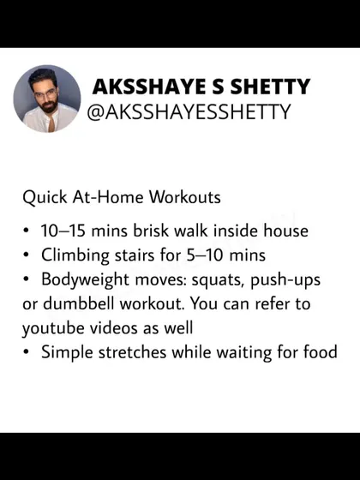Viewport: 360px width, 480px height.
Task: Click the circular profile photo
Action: point(47,99)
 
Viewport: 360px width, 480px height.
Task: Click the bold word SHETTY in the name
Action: point(270,87)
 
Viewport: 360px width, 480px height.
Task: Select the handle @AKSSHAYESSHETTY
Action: point(189,111)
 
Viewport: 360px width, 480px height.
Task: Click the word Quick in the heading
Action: point(45,197)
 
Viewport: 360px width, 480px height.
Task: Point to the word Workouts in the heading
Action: point(184,197)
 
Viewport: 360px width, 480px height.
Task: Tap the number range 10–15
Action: point(63,231)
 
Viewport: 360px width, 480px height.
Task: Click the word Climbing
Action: point(75,256)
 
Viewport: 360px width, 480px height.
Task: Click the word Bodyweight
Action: point(85,280)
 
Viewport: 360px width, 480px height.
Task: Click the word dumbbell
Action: point(79,303)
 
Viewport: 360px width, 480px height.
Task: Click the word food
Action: point(321,352)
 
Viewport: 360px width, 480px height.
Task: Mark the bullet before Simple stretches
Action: point(27,352)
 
